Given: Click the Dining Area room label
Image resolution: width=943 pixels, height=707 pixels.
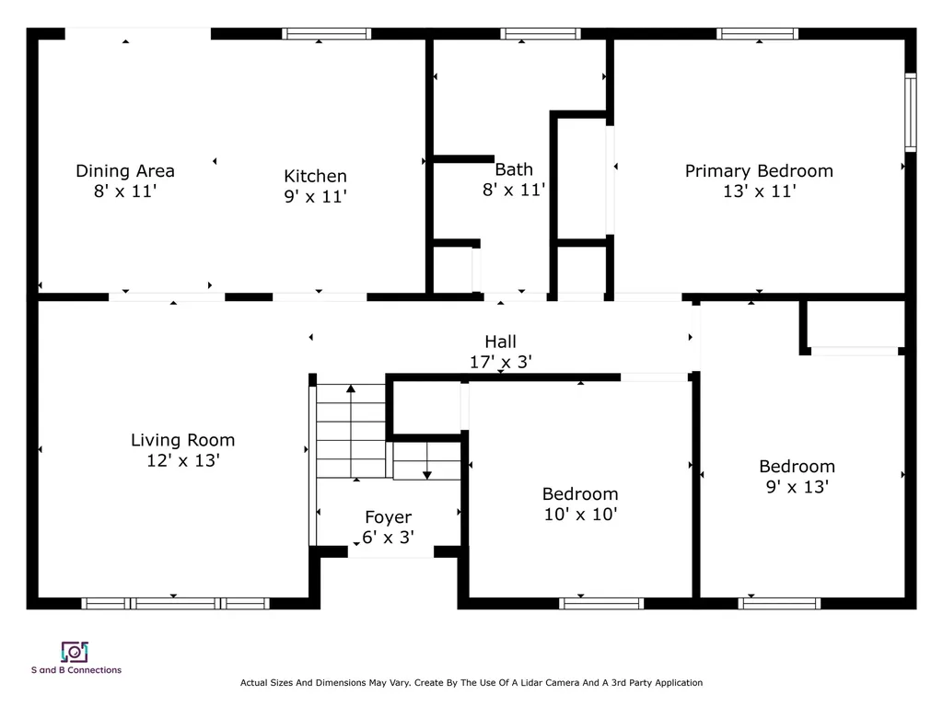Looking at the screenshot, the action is (125, 170).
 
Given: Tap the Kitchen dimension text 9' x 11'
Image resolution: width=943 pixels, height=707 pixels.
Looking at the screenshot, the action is (315, 196).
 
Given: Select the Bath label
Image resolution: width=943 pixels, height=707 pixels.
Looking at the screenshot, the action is (514, 169).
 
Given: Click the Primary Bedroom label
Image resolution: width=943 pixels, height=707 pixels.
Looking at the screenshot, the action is (759, 171).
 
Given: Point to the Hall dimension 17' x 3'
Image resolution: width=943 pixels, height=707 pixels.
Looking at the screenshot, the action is (500, 362).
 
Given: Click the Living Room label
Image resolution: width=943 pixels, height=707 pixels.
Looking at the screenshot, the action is (183, 440).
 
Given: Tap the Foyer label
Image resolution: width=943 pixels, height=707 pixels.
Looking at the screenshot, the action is (388, 517).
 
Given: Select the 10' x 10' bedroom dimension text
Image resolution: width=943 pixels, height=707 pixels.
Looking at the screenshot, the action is (580, 514).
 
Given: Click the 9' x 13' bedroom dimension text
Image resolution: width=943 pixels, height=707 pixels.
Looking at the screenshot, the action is (797, 486).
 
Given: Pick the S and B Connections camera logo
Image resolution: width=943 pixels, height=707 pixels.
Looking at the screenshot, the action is (75, 652).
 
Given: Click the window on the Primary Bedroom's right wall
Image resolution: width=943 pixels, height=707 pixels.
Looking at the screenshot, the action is (911, 112).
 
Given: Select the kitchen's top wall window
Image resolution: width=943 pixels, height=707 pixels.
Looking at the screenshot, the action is (327, 34).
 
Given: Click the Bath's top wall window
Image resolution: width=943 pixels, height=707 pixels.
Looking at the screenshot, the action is (540, 34).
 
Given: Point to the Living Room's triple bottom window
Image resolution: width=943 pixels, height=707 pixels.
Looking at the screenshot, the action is (176, 604).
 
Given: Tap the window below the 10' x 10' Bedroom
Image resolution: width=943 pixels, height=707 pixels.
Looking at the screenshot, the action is (601, 604).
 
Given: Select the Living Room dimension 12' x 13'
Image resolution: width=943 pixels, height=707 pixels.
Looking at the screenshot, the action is (183, 460).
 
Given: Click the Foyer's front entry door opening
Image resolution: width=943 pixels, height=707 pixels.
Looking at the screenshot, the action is (390, 552).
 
